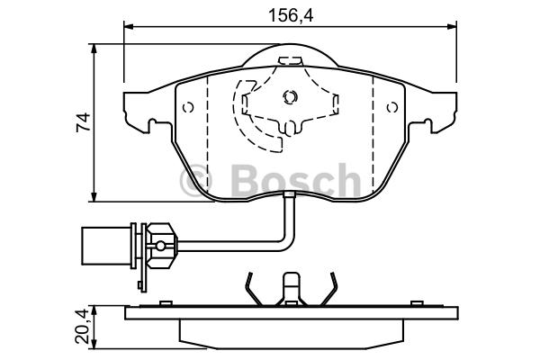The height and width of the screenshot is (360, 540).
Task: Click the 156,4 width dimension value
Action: tap(291, 15)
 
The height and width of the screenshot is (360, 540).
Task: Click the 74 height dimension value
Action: tap(84, 122)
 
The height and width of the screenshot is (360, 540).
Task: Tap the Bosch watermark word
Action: tap(296, 180)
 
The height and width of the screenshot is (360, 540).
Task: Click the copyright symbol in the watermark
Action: tap(195, 180)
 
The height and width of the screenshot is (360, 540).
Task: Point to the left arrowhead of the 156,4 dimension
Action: tap(129, 26)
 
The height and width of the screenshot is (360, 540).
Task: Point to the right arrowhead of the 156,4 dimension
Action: tap(452, 26)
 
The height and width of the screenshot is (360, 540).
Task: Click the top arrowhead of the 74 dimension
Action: tap(94, 49)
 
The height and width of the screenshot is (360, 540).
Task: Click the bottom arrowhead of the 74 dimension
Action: tap(94, 197)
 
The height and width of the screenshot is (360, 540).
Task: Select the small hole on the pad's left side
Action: tap(188, 107)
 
